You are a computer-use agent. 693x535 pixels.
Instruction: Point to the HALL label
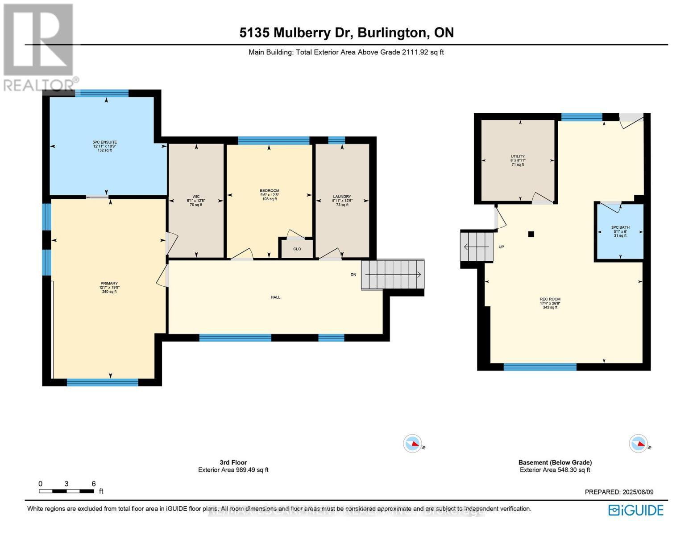(275, 297)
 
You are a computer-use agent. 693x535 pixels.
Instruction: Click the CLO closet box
(297, 249)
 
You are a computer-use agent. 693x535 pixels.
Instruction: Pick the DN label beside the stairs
(353, 275)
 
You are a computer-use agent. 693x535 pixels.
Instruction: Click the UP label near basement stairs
(501, 247)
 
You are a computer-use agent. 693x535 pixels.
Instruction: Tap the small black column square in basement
(531, 234)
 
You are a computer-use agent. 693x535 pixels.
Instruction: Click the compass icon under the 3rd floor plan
(412, 444)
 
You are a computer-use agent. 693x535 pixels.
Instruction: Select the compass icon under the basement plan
(638, 444)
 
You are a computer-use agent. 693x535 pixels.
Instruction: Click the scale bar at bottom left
(66, 491)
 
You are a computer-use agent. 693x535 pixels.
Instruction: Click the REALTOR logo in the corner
(39, 47)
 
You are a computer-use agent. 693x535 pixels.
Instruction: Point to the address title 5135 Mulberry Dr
(346, 33)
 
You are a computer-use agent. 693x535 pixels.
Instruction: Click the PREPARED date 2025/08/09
(619, 492)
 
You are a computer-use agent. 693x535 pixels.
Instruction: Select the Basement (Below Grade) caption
(555, 462)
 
